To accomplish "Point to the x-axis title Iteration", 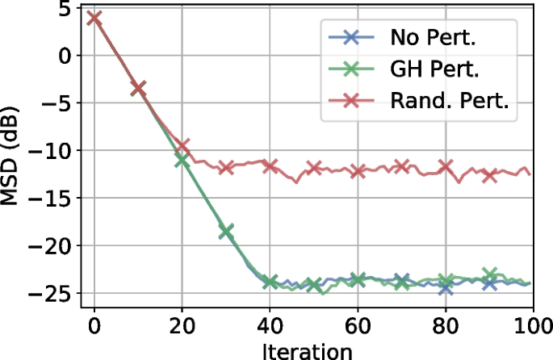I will tap(307, 350).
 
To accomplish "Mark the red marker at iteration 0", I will tap(94, 18).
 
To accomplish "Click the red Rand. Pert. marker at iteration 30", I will tap(226, 168).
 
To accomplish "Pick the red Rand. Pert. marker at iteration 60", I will tap(358, 171).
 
